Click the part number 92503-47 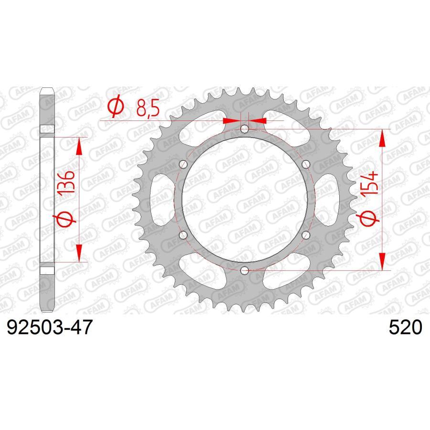(x=47, y=329)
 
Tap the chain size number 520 (x=405, y=329)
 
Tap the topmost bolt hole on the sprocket (x=245, y=129)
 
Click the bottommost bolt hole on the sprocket (x=245, y=271)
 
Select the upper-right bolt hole (x=306, y=164)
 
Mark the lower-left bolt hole (x=183, y=235)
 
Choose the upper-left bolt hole (x=183, y=164)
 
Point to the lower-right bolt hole (x=306, y=235)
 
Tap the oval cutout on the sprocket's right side (x=328, y=200)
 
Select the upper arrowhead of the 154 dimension (x=382, y=139)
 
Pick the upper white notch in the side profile (x=47, y=129)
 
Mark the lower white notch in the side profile (x=47, y=270)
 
